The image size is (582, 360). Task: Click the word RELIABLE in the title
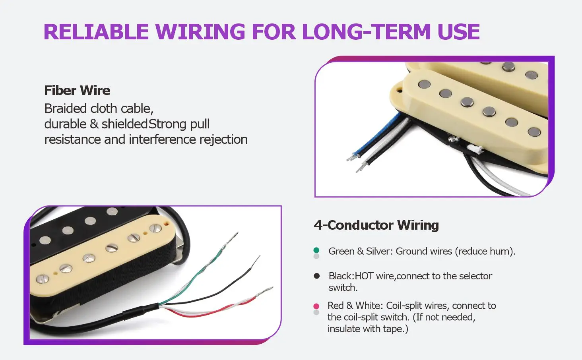tap(96, 32)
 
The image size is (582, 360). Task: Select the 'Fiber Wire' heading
tap(77, 90)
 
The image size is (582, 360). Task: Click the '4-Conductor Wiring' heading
tap(376, 225)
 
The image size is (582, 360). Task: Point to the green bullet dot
tap(316, 250)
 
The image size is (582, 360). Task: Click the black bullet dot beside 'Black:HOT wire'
tap(316, 276)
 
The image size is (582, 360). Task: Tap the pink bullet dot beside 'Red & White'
tap(316, 306)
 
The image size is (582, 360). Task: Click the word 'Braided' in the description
tap(66, 108)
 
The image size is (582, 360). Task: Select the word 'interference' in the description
tap(162, 139)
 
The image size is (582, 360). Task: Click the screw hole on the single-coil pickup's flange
tap(400, 90)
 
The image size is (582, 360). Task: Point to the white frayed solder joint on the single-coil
tap(475, 149)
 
